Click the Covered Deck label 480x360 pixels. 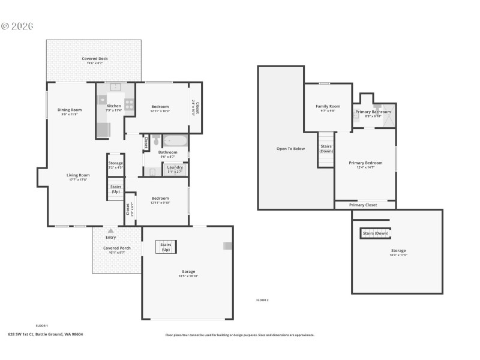pos(94,59)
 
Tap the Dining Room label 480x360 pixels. pos(69,110)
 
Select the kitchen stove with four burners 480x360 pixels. pos(129,104)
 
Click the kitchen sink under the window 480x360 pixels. pos(114,87)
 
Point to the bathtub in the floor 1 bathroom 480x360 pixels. pos(176,142)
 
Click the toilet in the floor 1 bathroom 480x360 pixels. pos(155,141)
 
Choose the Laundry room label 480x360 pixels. pos(175,167)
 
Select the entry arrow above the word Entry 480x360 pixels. pos(110,230)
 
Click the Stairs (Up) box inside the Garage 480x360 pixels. pos(166,247)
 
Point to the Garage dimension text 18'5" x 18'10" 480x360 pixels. pos(189,276)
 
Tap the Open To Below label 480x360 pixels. pos(290,148)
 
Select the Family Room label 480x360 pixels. pos(328,106)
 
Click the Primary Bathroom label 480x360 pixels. pos(373,112)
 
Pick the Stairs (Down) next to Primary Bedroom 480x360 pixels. pos(326,148)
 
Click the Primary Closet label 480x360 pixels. pos(363,205)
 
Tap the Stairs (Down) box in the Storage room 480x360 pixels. pos(375,233)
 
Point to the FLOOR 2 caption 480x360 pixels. pos(262,299)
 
